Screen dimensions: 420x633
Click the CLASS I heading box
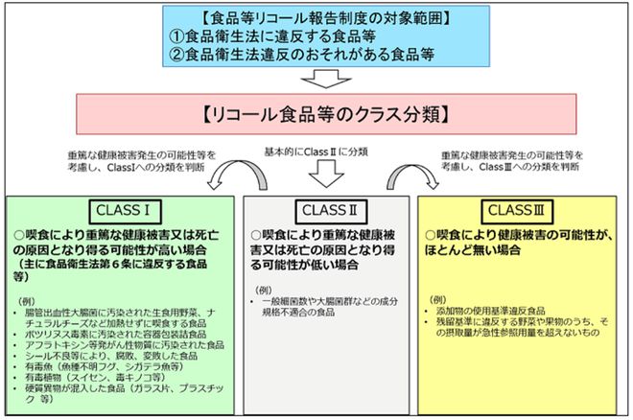click(124, 210)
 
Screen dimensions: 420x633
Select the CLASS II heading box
click(329, 210)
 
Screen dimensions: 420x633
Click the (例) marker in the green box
click(29, 301)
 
